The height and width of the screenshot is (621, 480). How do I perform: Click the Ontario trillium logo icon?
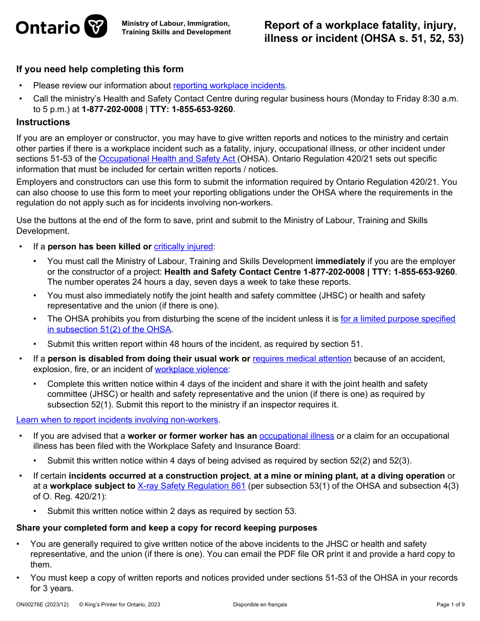coord(95,26)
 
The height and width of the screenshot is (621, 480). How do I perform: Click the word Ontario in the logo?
coord(48,27)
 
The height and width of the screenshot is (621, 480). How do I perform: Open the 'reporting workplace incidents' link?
coord(229,85)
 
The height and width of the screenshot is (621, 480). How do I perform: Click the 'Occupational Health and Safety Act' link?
coord(167,159)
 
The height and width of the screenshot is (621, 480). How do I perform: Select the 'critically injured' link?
coord(183,246)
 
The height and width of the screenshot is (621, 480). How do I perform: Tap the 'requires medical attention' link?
coord(302,358)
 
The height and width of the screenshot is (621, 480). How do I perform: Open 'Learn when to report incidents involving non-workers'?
coord(117,420)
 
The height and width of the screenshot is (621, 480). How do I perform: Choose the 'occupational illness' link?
coord(297,436)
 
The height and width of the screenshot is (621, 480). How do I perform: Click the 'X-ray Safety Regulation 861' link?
coord(191,486)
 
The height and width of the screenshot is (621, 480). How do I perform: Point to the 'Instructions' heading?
coord(43,122)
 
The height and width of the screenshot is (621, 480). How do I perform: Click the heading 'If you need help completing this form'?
coord(100,69)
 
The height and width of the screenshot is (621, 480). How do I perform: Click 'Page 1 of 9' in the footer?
coord(450,604)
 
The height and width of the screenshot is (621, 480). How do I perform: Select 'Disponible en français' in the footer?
coord(260,604)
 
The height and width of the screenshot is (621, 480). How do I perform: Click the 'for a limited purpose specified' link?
coord(398,319)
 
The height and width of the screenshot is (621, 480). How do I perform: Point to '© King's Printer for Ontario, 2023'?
coord(120,604)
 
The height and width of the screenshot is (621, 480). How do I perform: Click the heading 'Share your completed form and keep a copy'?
coord(167,528)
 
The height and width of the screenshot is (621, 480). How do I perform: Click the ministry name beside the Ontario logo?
coord(176,28)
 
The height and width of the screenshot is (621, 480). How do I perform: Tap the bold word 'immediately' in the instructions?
coord(340,261)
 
